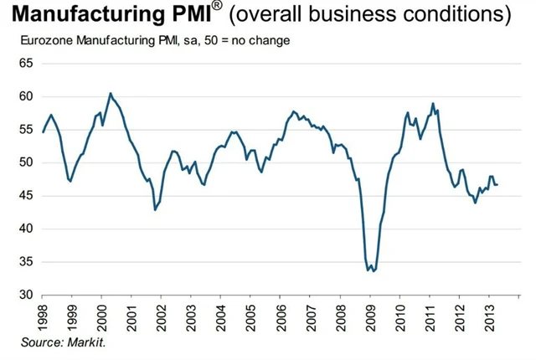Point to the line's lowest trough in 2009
pyautogui.click(x=370, y=271)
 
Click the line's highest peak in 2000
pyautogui.click(x=111, y=93)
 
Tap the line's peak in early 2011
pyautogui.click(x=433, y=103)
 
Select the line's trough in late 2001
pyautogui.click(x=155, y=210)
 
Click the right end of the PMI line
pyautogui.click(x=497, y=184)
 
